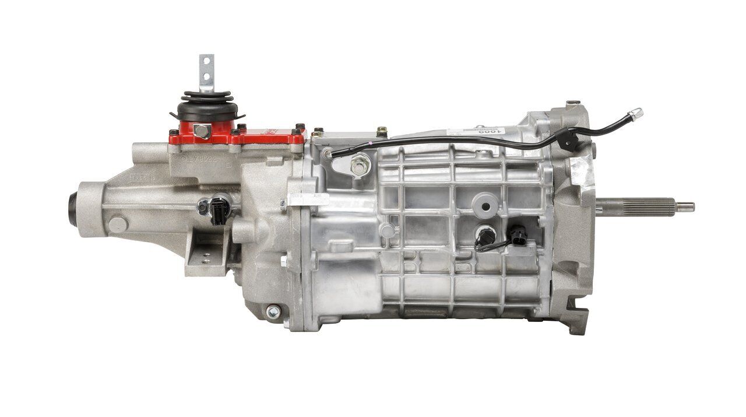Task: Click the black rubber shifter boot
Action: pos(207,105)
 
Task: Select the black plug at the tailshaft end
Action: pos(72,204)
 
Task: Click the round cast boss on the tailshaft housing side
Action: pos(118,225)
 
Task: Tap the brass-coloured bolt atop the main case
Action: pos(382,132)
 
